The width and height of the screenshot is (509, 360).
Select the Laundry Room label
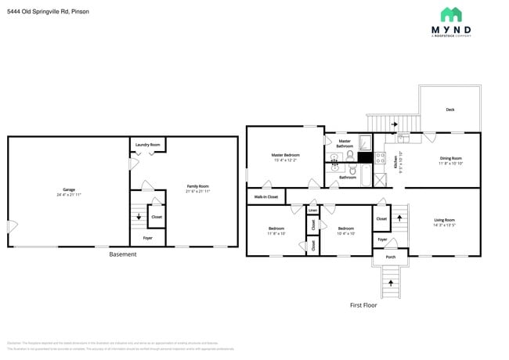point(147,145)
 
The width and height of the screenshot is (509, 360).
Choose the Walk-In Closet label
point(266,197)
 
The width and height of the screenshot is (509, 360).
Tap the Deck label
point(449,110)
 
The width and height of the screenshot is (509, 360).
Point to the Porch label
point(390,256)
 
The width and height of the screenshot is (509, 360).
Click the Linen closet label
point(312,211)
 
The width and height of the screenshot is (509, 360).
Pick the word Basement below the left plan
point(123,254)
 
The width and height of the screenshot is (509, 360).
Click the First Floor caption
point(363,304)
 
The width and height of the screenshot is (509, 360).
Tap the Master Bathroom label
point(345,143)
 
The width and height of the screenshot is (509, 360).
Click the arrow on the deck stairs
point(394,124)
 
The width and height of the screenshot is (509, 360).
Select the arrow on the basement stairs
point(139,217)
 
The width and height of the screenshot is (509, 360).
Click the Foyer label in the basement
point(147,238)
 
